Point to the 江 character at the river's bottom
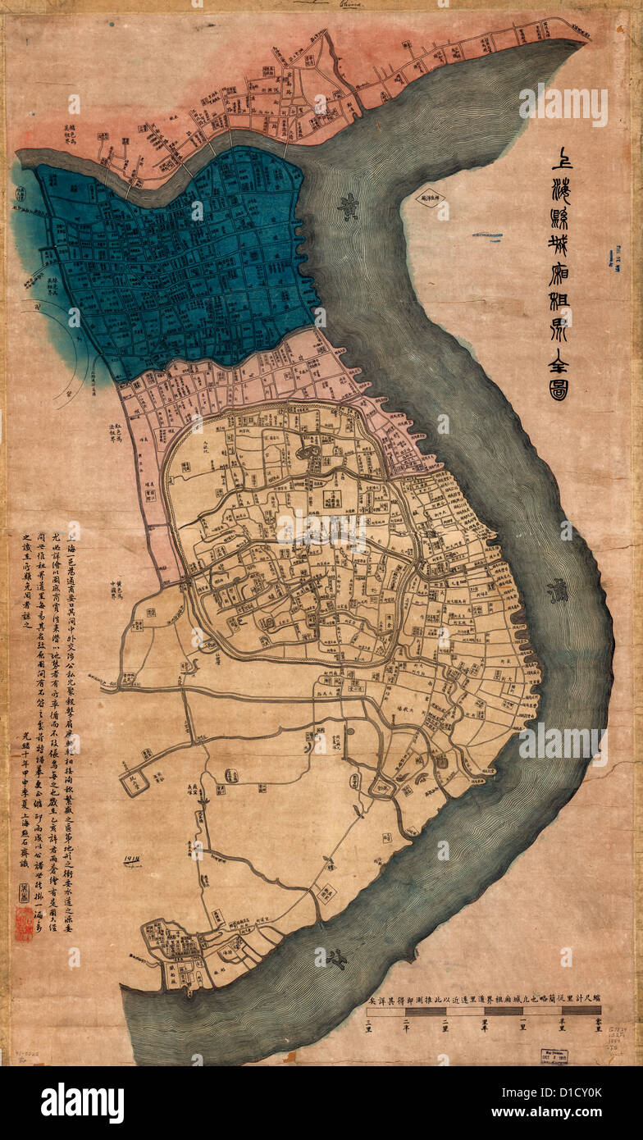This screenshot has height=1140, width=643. [x=335, y=957]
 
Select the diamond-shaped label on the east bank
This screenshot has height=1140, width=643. [x=428, y=198]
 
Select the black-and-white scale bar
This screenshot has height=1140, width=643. [x=484, y=1011]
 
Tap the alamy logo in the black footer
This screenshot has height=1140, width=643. [x=82, y=1103]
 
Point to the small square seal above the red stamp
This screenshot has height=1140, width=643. [x=23, y=890]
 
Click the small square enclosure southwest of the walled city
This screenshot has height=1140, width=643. [x=135, y=782]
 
